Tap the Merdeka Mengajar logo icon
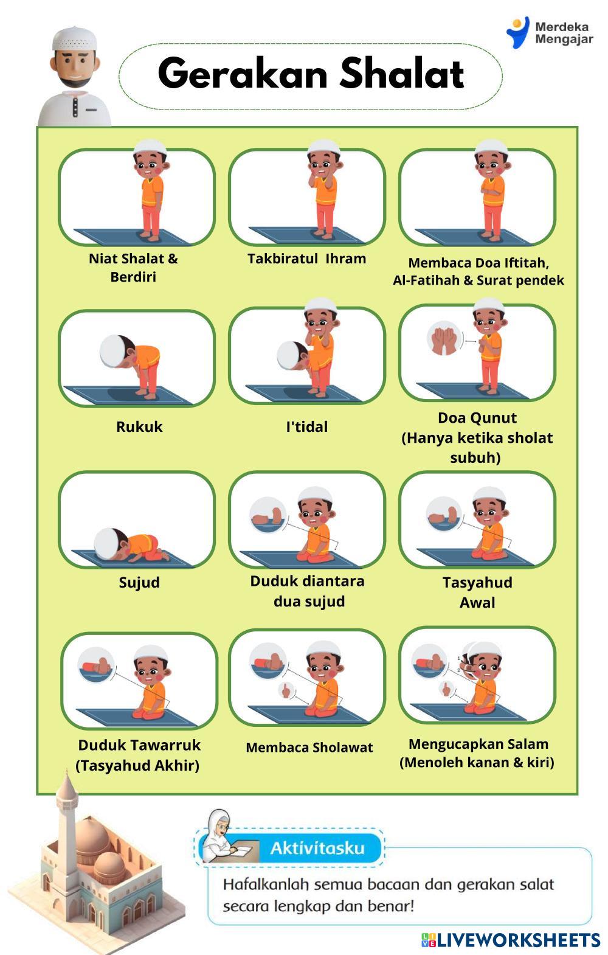coord(517,32)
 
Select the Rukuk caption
coord(139,427)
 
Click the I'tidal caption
coord(307,427)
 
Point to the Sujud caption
coord(139,582)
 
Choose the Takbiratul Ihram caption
coord(307,259)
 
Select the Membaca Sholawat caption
coord(309,748)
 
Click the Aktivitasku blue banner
coord(317,849)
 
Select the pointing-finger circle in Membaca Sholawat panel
coord(286,690)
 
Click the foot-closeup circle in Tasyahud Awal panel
coord(444,514)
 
